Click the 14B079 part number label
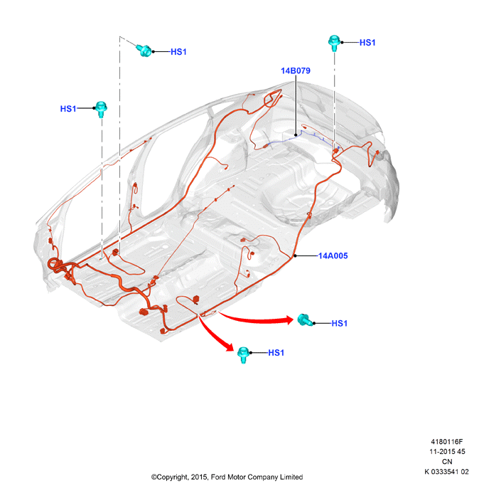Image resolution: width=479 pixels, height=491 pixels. coord(296,70)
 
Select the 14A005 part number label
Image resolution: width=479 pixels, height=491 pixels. coord(333,256)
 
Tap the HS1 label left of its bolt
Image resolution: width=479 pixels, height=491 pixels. coord(68,109)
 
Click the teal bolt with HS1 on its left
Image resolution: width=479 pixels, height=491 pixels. coord(101,109)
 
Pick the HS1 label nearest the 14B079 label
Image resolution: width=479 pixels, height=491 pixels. coord(367,43)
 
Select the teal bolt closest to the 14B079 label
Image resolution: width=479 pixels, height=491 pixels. coord(334,43)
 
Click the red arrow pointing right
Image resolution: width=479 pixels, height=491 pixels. coord(256,318)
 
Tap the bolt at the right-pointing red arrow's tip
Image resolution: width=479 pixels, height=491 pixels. coord(305,320)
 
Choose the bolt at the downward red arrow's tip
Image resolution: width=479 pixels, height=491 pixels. coord(243,354)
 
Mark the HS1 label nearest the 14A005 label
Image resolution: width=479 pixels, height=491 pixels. coord(339,323)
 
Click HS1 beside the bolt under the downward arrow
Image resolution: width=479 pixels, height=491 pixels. coord(276,353)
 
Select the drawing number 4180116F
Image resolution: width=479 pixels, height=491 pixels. coord(446,441)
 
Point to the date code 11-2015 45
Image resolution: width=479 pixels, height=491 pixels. coord(447,452)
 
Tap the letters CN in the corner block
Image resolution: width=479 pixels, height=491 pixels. coord(447,462)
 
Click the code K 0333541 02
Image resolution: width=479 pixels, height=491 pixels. coord(446,472)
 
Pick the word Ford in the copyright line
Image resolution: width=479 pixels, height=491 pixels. coord(218,477)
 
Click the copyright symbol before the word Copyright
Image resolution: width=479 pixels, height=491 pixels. coord(154,477)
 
